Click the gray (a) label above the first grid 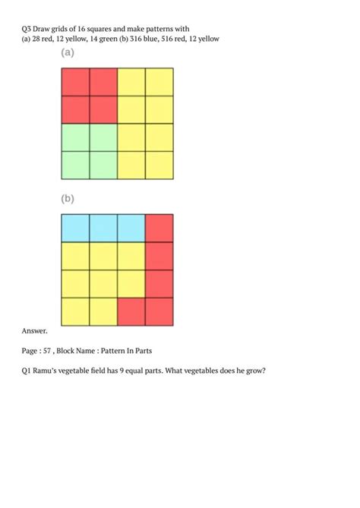click(68, 53)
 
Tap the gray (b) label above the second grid click(68, 199)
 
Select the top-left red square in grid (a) click(75, 82)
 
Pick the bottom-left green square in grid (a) click(75, 165)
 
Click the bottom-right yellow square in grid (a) click(159, 165)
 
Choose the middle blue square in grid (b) click(103, 228)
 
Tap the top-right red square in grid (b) click(159, 228)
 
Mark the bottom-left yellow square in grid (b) click(75, 311)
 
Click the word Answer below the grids click(35, 331)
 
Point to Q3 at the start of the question click(27, 27)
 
